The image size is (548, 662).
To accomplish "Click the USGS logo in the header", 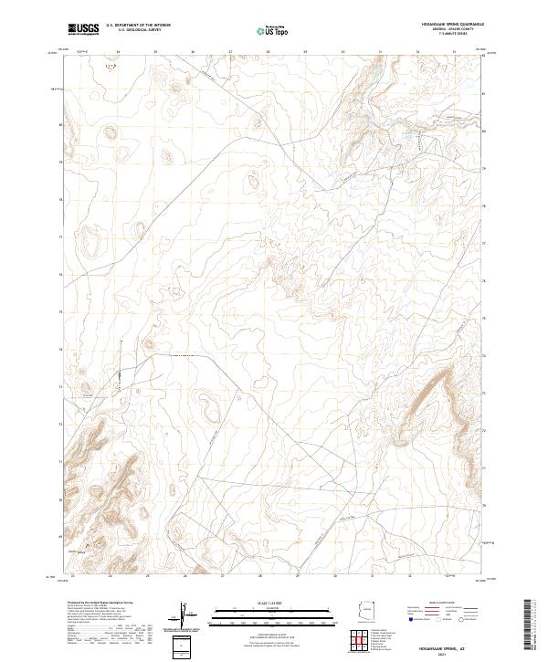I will point(83,30).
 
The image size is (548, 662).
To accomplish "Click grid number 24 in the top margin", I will point(119,52).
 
